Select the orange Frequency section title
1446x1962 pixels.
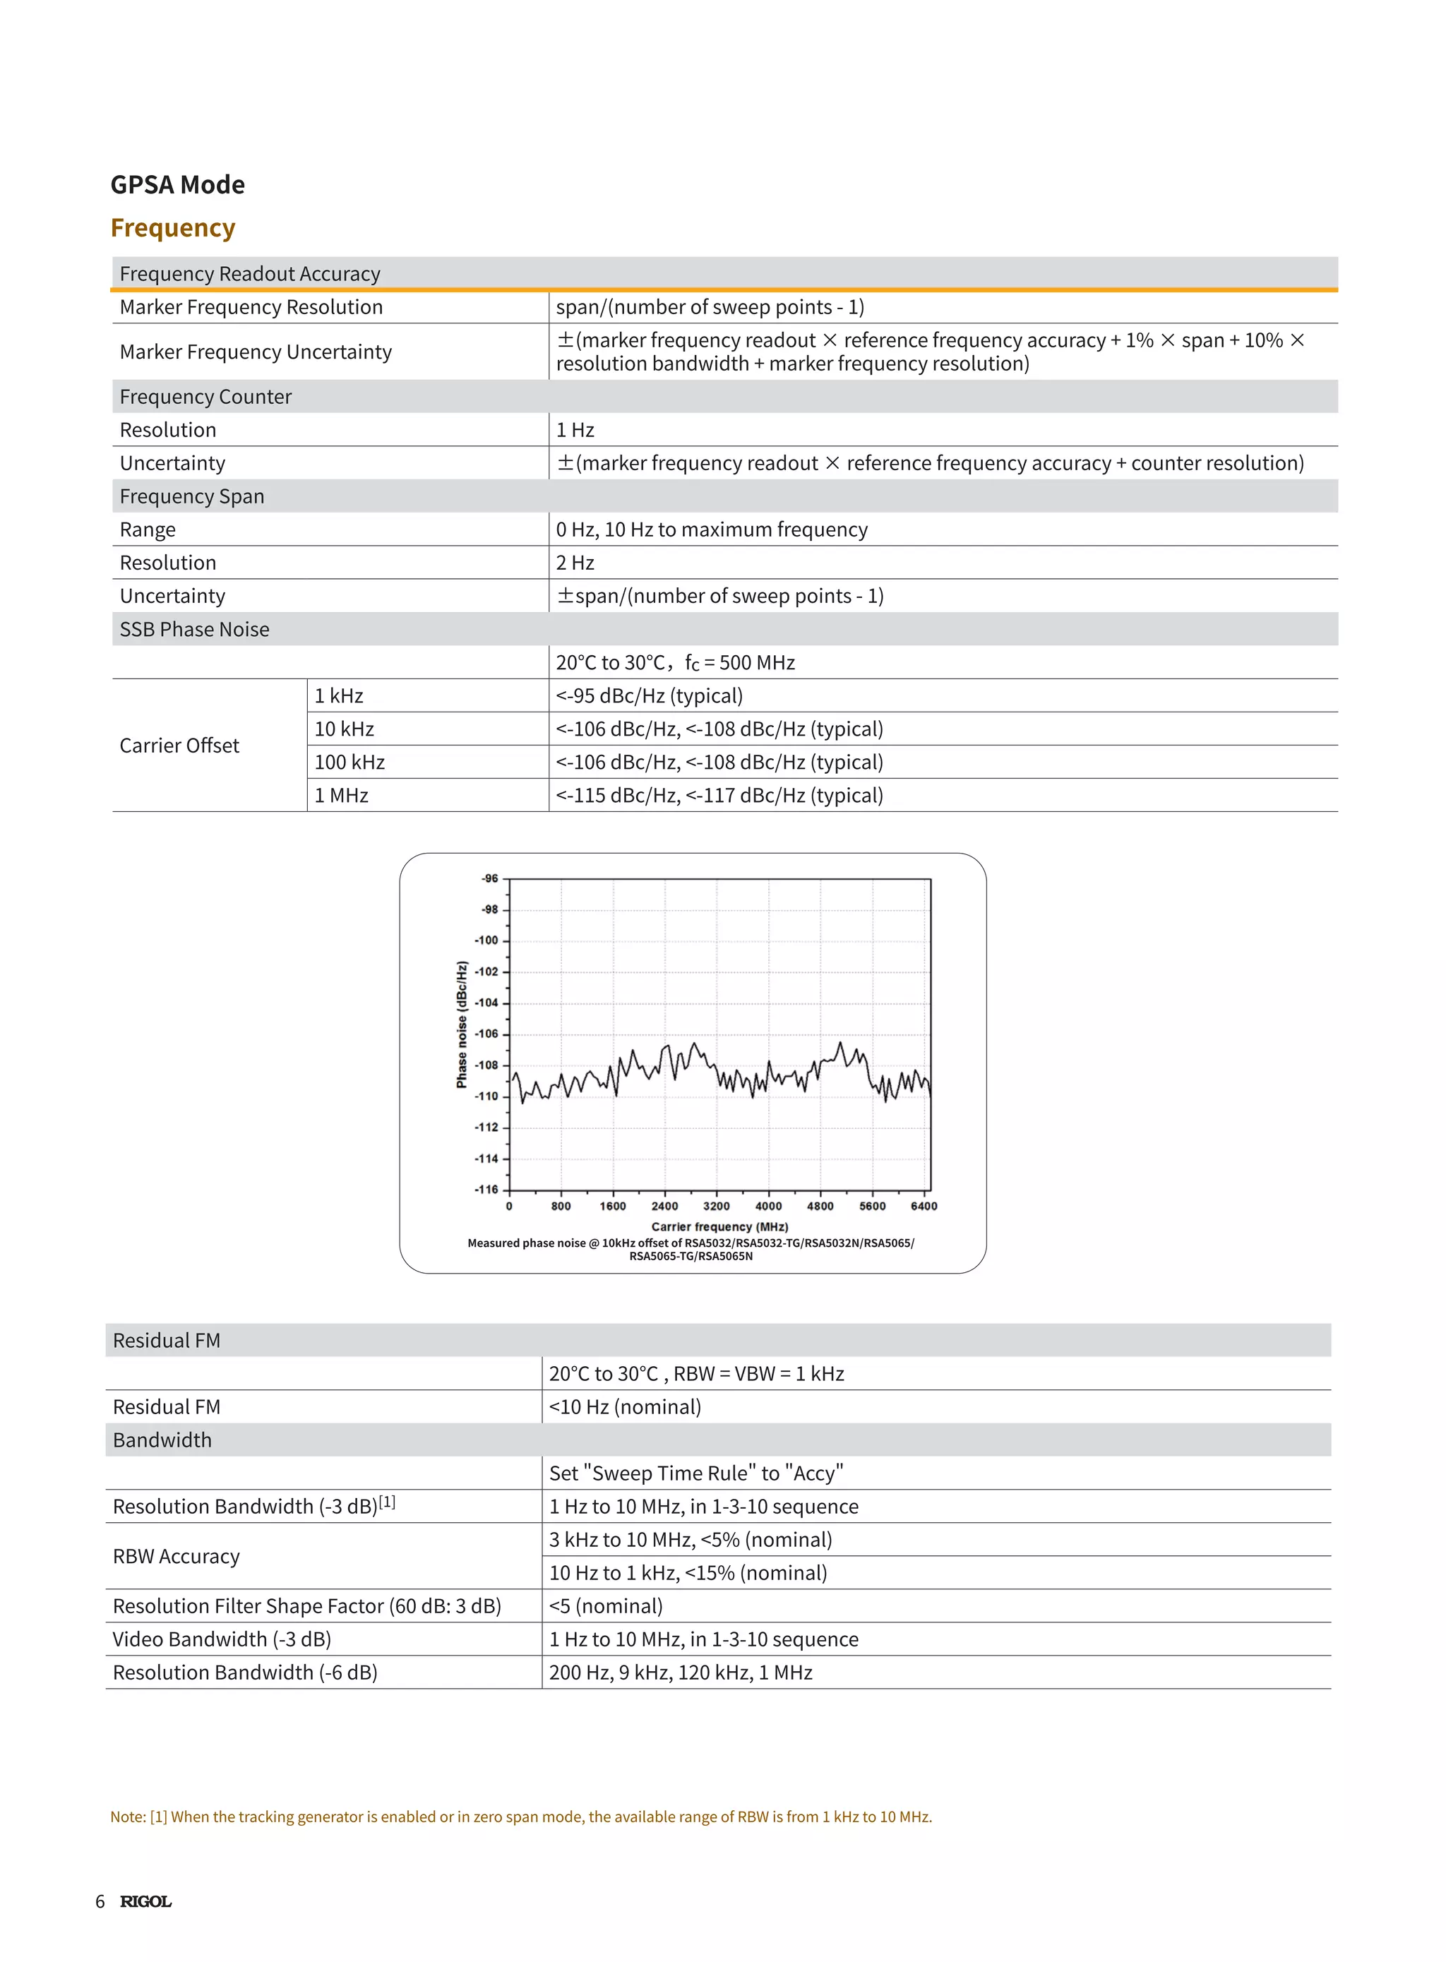[172, 227]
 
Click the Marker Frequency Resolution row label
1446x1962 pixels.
[251, 307]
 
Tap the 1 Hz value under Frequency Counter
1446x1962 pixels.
[575, 430]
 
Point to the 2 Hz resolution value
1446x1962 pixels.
[575, 563]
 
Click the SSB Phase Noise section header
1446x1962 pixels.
[194, 629]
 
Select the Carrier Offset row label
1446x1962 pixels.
[179, 746]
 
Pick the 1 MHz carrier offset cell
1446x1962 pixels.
[341, 796]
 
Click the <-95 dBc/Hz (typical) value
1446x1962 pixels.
[650, 695]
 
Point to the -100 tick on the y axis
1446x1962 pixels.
[486, 940]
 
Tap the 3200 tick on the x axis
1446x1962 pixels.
[716, 1206]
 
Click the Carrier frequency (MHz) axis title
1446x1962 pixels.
[719, 1226]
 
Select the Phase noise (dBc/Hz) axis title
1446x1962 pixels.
[461, 1024]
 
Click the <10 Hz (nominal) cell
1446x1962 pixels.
[625, 1406]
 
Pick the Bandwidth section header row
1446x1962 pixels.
[163, 1440]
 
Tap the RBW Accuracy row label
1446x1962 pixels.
[176, 1556]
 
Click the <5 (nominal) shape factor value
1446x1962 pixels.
[606, 1606]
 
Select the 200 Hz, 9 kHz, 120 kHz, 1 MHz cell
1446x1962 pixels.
[680, 1673]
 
